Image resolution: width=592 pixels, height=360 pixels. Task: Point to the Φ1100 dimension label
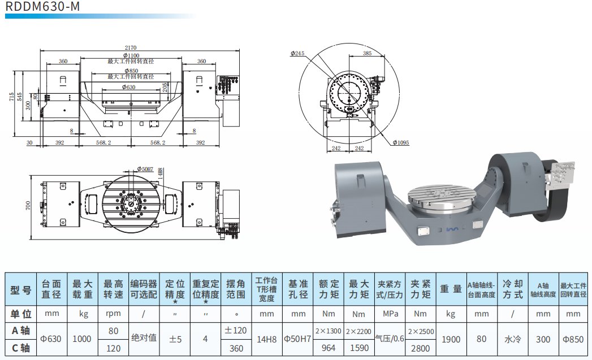pos(131,55)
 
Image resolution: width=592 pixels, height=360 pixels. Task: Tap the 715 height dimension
pos(11,96)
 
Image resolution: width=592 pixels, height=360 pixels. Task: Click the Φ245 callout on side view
pos(297,53)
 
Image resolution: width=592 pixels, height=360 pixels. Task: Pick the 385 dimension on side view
pos(367,53)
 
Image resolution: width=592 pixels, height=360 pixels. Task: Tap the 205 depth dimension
pos(165,87)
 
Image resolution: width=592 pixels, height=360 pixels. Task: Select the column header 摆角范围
pos(235,289)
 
